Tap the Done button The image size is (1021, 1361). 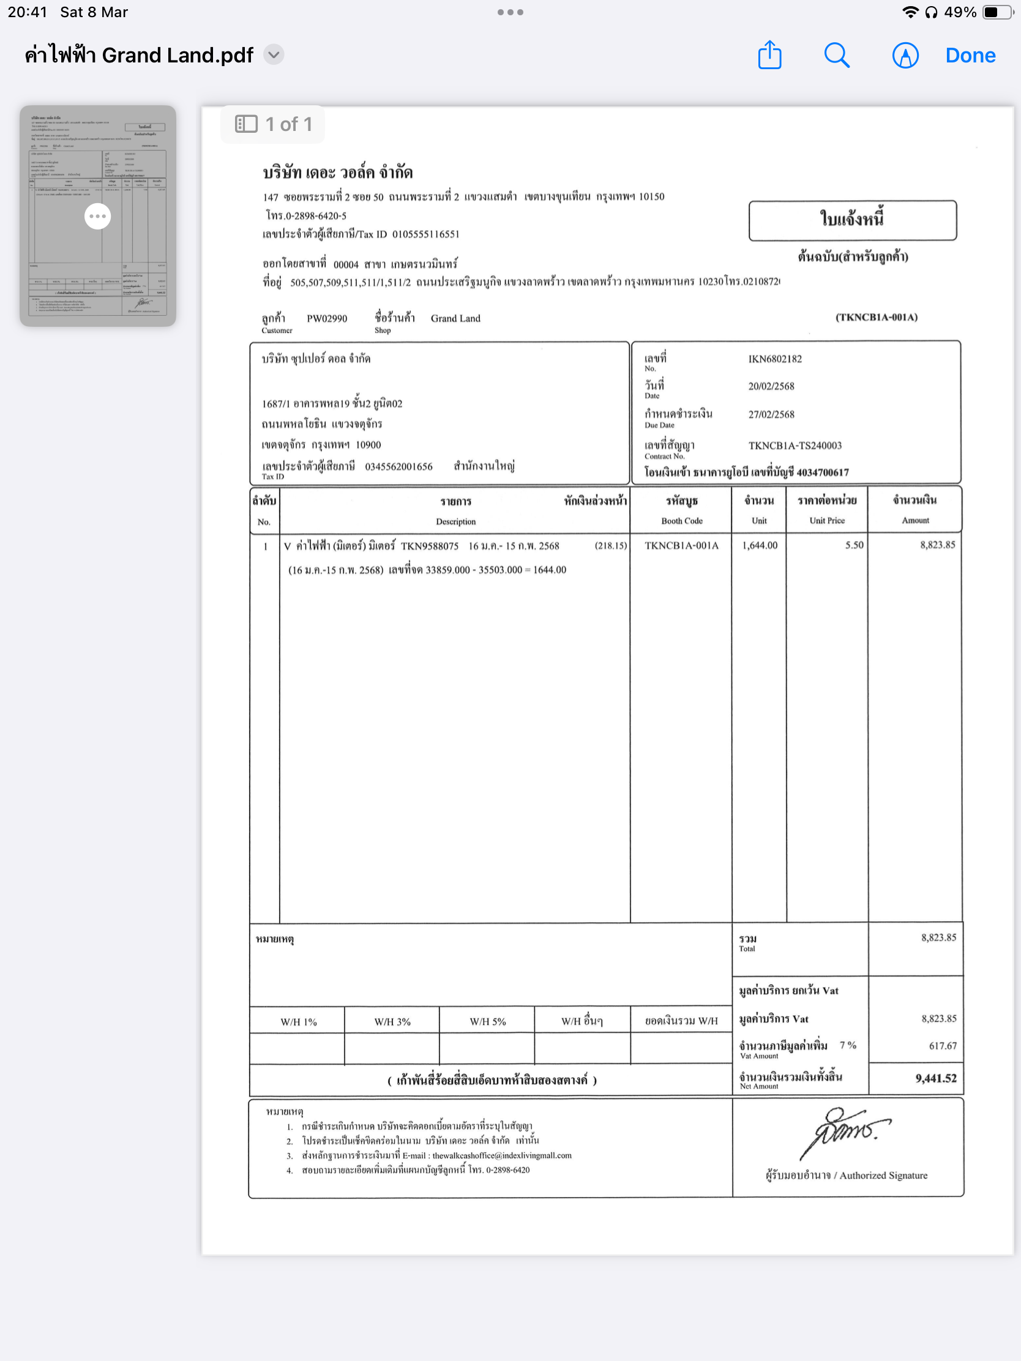pos(970,55)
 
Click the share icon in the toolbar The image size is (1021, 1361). pos(769,55)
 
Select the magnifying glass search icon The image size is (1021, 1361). pos(836,55)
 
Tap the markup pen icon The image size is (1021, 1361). pos(905,55)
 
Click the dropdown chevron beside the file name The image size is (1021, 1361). pos(274,54)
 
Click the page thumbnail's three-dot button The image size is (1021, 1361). pos(98,216)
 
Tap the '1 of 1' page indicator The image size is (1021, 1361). pos(273,124)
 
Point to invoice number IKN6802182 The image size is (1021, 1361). pos(775,359)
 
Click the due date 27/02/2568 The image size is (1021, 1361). pos(771,415)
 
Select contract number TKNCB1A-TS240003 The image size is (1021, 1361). pos(795,446)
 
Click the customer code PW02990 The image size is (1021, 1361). pos(327,319)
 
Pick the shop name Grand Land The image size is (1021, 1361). pos(455,319)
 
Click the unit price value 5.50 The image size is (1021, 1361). pos(854,545)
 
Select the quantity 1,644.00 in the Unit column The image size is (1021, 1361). pos(760,545)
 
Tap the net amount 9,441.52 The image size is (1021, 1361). pos(935,1079)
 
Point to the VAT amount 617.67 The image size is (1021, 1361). pos(942,1046)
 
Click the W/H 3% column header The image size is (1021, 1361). pos(392,1022)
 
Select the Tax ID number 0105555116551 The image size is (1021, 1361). pos(426,234)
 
